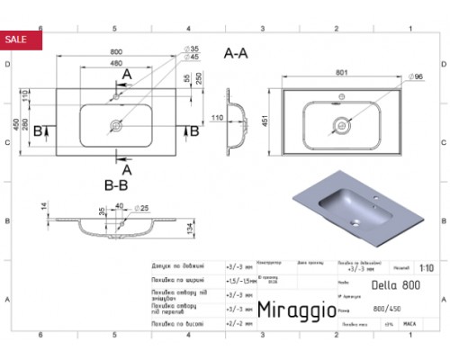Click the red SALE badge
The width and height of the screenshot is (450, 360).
17,40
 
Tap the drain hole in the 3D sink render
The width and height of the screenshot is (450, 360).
357,215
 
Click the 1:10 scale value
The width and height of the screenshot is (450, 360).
426,267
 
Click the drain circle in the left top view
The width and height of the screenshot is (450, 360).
117,127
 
